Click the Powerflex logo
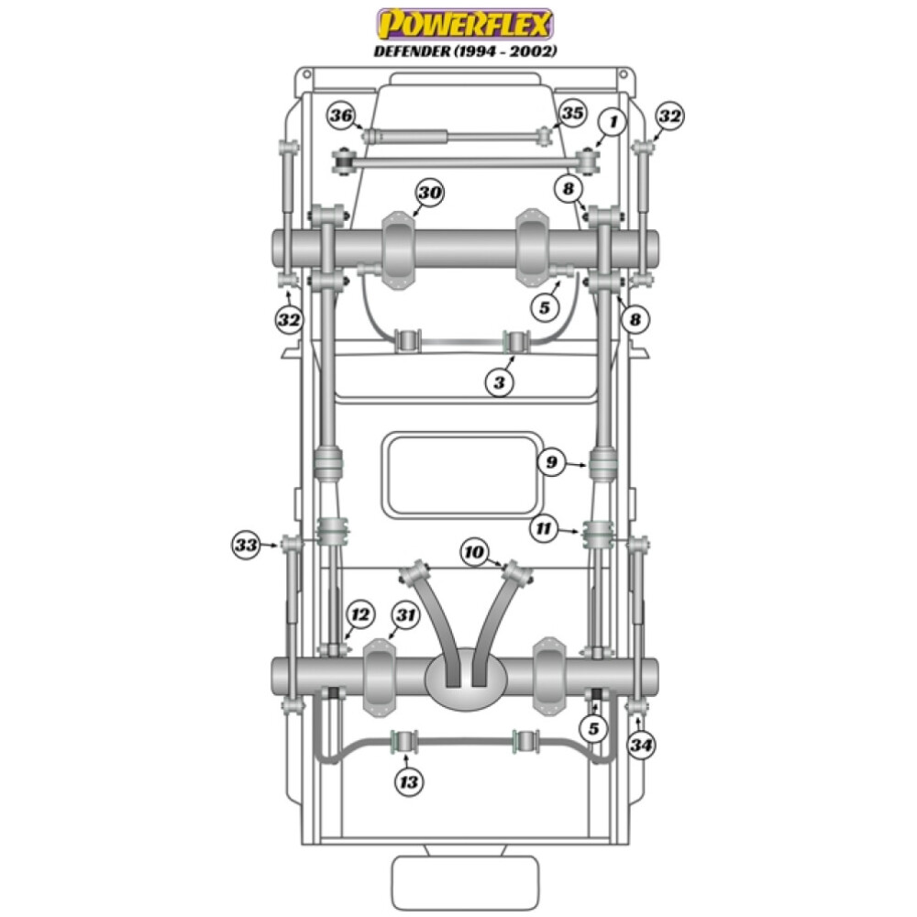point(465,23)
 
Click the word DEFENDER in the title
point(411,51)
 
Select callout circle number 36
point(341,116)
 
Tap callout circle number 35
point(572,114)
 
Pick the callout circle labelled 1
point(613,120)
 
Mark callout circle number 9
point(551,463)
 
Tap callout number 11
point(544,528)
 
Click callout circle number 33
point(245,546)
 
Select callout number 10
point(474,552)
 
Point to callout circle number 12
point(359,614)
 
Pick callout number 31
point(405,614)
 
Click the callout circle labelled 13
point(409,782)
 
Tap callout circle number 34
point(642,746)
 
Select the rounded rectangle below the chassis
point(464,882)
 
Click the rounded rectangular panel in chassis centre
point(464,474)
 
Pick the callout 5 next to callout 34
point(594,730)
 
